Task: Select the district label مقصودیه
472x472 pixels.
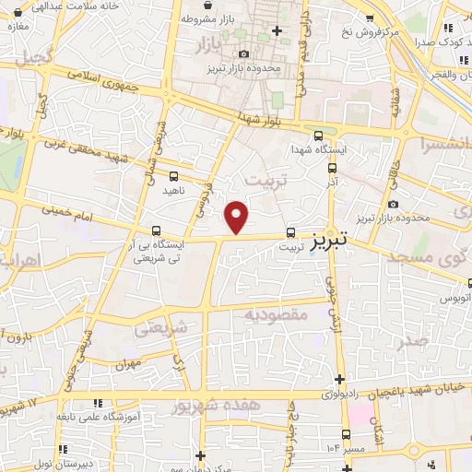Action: point(275,315)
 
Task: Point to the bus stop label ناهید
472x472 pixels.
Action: point(174,190)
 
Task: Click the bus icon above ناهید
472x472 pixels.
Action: point(174,175)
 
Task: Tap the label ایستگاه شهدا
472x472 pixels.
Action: point(318,148)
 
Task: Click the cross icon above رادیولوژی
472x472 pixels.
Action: point(342,379)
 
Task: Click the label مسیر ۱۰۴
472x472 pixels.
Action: point(347,447)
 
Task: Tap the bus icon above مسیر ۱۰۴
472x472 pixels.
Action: point(347,433)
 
